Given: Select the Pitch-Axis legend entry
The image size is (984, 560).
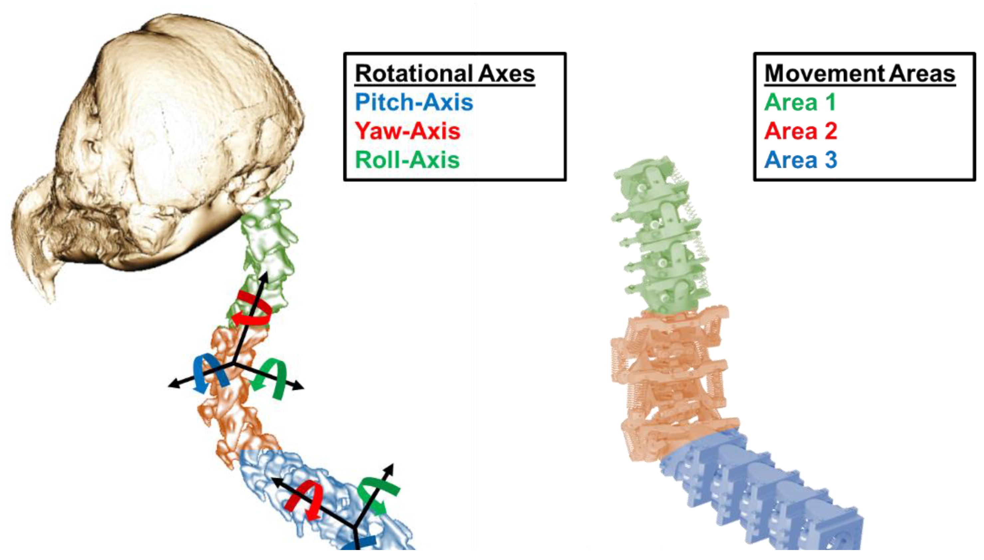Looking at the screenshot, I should (x=414, y=102).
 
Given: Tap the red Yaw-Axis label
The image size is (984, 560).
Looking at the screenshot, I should (x=407, y=131).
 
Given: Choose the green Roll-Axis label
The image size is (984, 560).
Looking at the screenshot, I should (x=407, y=160).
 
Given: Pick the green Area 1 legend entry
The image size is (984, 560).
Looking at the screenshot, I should (x=800, y=102).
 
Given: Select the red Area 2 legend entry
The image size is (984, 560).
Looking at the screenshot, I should (x=800, y=131).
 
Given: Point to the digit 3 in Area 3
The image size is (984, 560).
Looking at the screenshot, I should (x=831, y=160).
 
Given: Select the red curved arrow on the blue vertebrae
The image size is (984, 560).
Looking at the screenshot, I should (x=306, y=500).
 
